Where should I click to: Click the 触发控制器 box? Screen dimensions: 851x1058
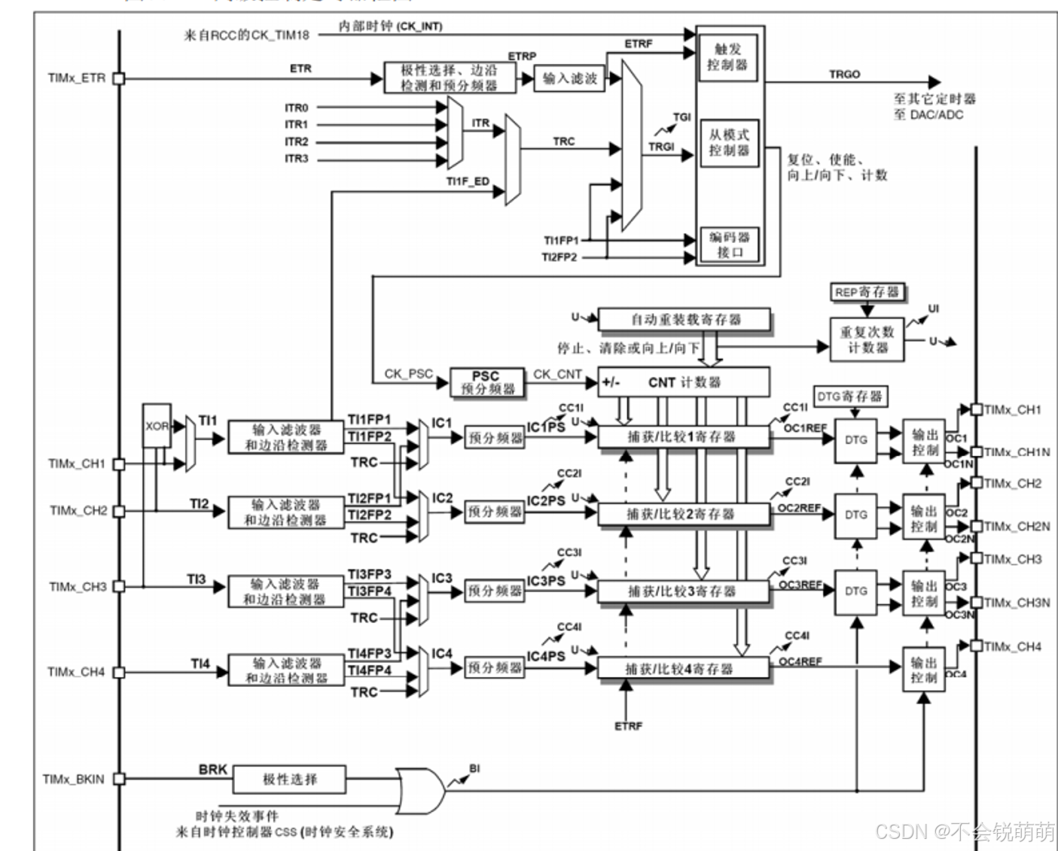727,57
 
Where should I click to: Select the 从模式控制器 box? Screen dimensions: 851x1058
729,142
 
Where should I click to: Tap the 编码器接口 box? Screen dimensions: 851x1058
729,245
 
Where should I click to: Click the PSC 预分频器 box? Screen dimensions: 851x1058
486,382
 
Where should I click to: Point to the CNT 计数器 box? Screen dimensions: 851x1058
684,382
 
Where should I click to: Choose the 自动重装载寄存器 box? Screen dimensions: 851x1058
684,319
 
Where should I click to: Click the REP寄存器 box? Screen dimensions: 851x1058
867,292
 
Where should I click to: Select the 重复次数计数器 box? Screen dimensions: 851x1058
867,339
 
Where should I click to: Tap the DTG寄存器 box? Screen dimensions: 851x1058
850,397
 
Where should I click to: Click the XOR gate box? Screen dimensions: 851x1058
157,426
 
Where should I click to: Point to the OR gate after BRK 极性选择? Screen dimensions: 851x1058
420,786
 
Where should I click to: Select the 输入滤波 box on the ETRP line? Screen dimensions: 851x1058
570,78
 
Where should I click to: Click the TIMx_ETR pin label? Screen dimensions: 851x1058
77,78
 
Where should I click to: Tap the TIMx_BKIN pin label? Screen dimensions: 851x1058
74,780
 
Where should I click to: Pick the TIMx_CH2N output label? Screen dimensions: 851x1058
1017,527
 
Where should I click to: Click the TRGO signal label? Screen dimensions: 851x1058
844,74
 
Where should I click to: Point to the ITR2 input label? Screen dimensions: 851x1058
297,141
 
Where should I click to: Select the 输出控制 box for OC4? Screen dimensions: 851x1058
924,670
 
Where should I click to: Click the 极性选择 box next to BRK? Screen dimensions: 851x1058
290,780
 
